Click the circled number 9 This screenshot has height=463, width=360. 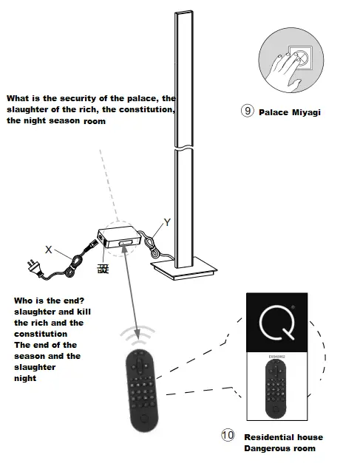tap(248, 112)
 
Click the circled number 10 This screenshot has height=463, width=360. tap(228, 436)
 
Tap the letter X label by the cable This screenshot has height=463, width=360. tap(48, 250)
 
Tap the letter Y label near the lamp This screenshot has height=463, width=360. tap(167, 222)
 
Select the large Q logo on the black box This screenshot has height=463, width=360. tap(276, 322)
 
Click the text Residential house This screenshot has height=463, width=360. tap(283, 437)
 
